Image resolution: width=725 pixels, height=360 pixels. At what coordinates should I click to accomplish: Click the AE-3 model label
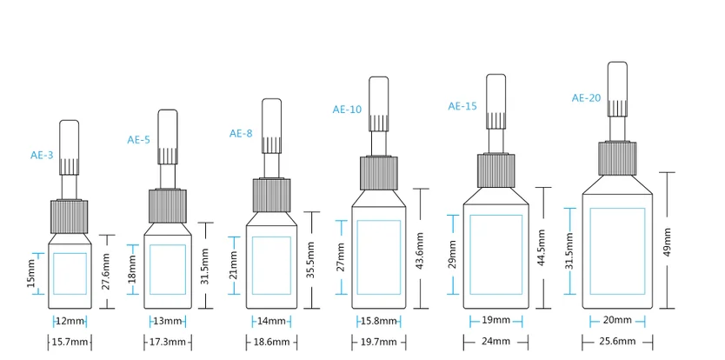point(42,156)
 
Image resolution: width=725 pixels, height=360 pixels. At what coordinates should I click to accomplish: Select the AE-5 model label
point(139,139)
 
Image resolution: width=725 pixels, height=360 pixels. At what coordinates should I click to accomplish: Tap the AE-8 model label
point(241,133)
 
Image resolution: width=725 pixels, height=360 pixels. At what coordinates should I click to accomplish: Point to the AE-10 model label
point(347,110)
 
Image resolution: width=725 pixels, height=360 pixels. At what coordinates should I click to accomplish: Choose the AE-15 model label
point(462,106)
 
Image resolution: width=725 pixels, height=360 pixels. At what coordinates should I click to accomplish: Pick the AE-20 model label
point(586,98)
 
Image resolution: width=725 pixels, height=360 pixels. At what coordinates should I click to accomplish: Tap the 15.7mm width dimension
point(70,343)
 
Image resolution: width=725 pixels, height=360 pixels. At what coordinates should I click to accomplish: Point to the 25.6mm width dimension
point(616,341)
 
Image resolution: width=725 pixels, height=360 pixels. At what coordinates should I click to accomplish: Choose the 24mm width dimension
point(496,341)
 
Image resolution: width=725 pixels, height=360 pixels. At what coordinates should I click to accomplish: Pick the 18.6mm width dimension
point(271,343)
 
